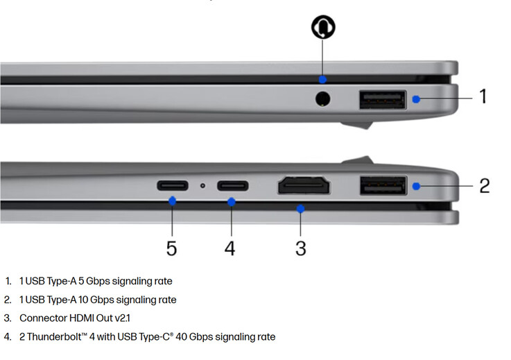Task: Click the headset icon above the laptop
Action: (323, 27)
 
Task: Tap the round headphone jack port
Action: (322, 98)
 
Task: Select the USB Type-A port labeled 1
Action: (383, 100)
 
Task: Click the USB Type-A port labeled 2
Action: (383, 185)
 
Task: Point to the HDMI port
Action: (304, 185)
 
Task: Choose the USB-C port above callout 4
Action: (233, 186)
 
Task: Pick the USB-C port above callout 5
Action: (173, 185)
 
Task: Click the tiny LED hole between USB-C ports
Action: (202, 185)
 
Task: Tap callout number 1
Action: (483, 96)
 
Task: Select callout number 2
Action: (484, 185)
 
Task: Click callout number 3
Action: (300, 248)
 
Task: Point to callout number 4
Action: (229, 248)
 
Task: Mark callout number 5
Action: (172, 248)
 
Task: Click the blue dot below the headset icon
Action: (322, 79)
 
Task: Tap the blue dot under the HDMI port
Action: (300, 208)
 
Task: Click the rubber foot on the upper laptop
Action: (357, 125)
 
